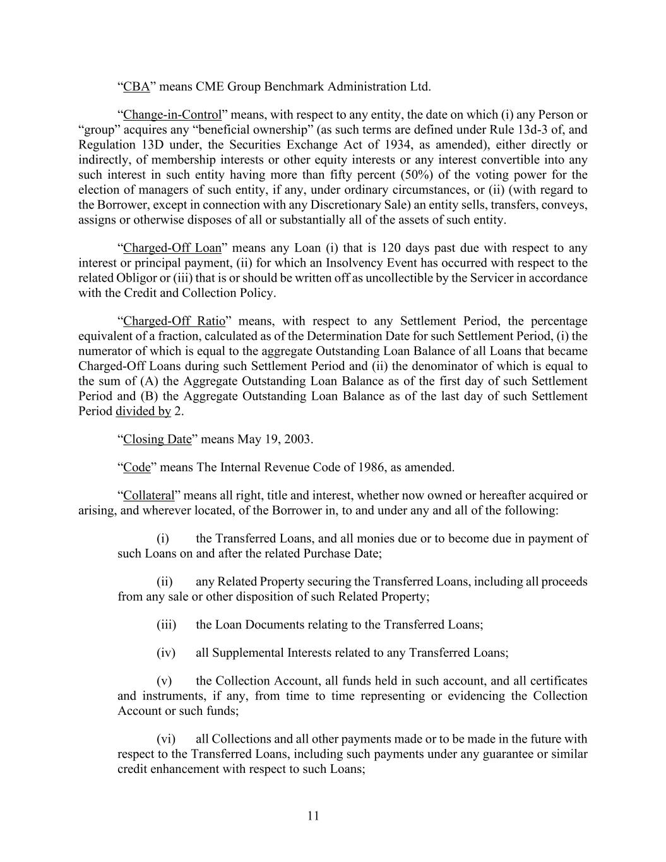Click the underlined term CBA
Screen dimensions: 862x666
tap(136, 87)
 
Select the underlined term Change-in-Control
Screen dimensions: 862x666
tap(172, 115)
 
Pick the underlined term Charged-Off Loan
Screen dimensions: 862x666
tap(172, 248)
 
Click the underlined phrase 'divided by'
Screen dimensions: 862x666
tap(143, 411)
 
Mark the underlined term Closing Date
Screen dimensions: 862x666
tap(157, 440)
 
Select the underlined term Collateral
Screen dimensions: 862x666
tap(148, 496)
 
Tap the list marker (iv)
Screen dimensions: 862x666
tap(165, 653)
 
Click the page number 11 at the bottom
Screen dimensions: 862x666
tap(314, 816)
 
